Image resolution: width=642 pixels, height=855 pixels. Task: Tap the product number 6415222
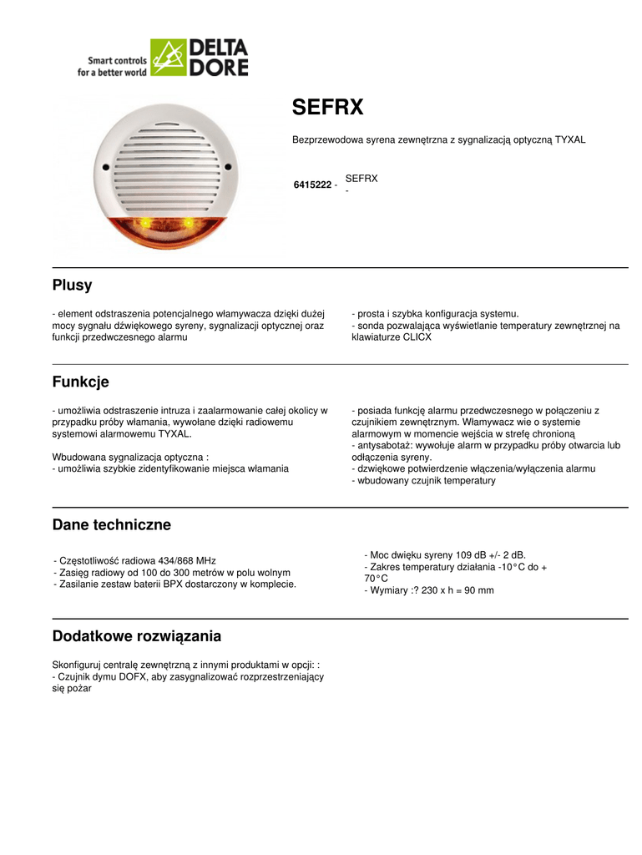tap(312, 185)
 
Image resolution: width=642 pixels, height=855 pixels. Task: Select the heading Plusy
tap(72, 285)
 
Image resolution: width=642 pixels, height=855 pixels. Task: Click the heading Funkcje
tap(80, 382)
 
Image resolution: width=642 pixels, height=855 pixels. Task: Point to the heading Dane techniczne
tap(111, 524)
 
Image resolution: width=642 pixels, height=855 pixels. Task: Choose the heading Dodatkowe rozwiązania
tap(137, 636)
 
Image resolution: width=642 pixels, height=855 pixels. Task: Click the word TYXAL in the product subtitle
tap(569, 140)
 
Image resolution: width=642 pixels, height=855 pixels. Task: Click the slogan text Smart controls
tap(117, 61)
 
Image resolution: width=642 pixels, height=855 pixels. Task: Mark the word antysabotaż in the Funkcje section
tap(384, 446)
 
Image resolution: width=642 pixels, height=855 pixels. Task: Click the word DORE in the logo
tap(219, 68)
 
